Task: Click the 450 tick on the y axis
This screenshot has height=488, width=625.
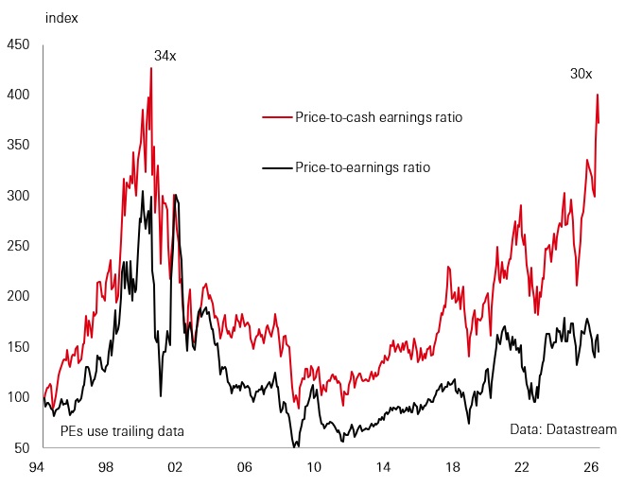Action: pyautogui.click(x=18, y=44)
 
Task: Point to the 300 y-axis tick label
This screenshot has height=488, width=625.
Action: pyautogui.click(x=18, y=196)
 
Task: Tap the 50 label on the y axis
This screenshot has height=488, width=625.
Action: pyautogui.click(x=22, y=447)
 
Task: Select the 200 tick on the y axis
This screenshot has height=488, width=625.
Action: pyautogui.click(x=18, y=296)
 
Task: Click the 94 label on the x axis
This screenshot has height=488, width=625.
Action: pyautogui.click(x=36, y=467)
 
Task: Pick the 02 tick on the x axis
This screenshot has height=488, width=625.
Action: pyautogui.click(x=175, y=467)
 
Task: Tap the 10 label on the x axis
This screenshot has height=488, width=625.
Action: pyautogui.click(x=314, y=467)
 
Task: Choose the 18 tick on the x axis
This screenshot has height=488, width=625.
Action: pyautogui.click(x=452, y=467)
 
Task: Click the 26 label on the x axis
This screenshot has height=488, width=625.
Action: pyautogui.click(x=591, y=467)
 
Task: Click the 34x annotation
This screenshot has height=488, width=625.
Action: pyautogui.click(x=165, y=56)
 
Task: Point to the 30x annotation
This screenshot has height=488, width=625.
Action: pyautogui.click(x=582, y=74)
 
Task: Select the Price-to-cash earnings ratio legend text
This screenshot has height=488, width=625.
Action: pyautogui.click(x=378, y=117)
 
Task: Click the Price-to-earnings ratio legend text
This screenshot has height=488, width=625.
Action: pyautogui.click(x=363, y=167)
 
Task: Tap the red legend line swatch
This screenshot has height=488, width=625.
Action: pyautogui.click(x=277, y=117)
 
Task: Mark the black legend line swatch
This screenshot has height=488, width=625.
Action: pyautogui.click(x=277, y=167)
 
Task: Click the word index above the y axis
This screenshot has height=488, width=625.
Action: pyautogui.click(x=61, y=18)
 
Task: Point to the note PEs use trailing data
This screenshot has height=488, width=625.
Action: pyautogui.click(x=122, y=431)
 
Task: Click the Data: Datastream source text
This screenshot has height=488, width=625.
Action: pyautogui.click(x=564, y=429)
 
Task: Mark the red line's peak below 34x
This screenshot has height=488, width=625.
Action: pyautogui.click(x=151, y=68)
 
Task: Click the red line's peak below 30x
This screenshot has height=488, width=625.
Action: pyautogui.click(x=598, y=95)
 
